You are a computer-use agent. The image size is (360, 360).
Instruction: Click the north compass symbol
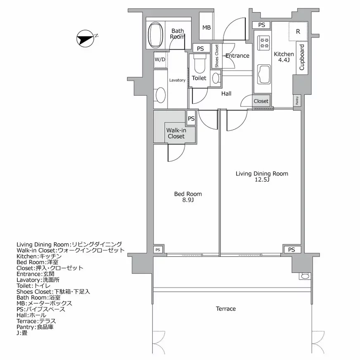click(85, 38)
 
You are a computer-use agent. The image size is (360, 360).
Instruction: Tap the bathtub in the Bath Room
click(155, 35)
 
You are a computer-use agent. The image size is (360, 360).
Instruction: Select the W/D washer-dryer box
click(160, 59)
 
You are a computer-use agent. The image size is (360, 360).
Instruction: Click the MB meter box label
click(206, 28)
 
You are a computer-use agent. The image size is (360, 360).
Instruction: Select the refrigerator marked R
click(298, 31)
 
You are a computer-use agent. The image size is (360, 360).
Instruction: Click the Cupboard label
click(302, 57)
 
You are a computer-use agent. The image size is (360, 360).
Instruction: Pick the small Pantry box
click(297, 101)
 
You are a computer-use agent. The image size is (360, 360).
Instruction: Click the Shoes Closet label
click(217, 56)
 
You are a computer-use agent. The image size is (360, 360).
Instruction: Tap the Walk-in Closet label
click(176, 133)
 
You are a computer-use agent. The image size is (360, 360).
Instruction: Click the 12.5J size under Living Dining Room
click(262, 180)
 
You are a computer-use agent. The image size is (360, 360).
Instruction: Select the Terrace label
click(226, 309)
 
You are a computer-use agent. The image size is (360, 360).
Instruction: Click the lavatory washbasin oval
click(161, 95)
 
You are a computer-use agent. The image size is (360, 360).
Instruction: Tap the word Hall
click(226, 94)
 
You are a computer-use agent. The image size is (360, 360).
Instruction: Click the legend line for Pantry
click(35, 327)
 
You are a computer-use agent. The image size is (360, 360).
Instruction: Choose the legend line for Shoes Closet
click(53, 292)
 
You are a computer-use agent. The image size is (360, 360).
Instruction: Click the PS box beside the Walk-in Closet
click(191, 118)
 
